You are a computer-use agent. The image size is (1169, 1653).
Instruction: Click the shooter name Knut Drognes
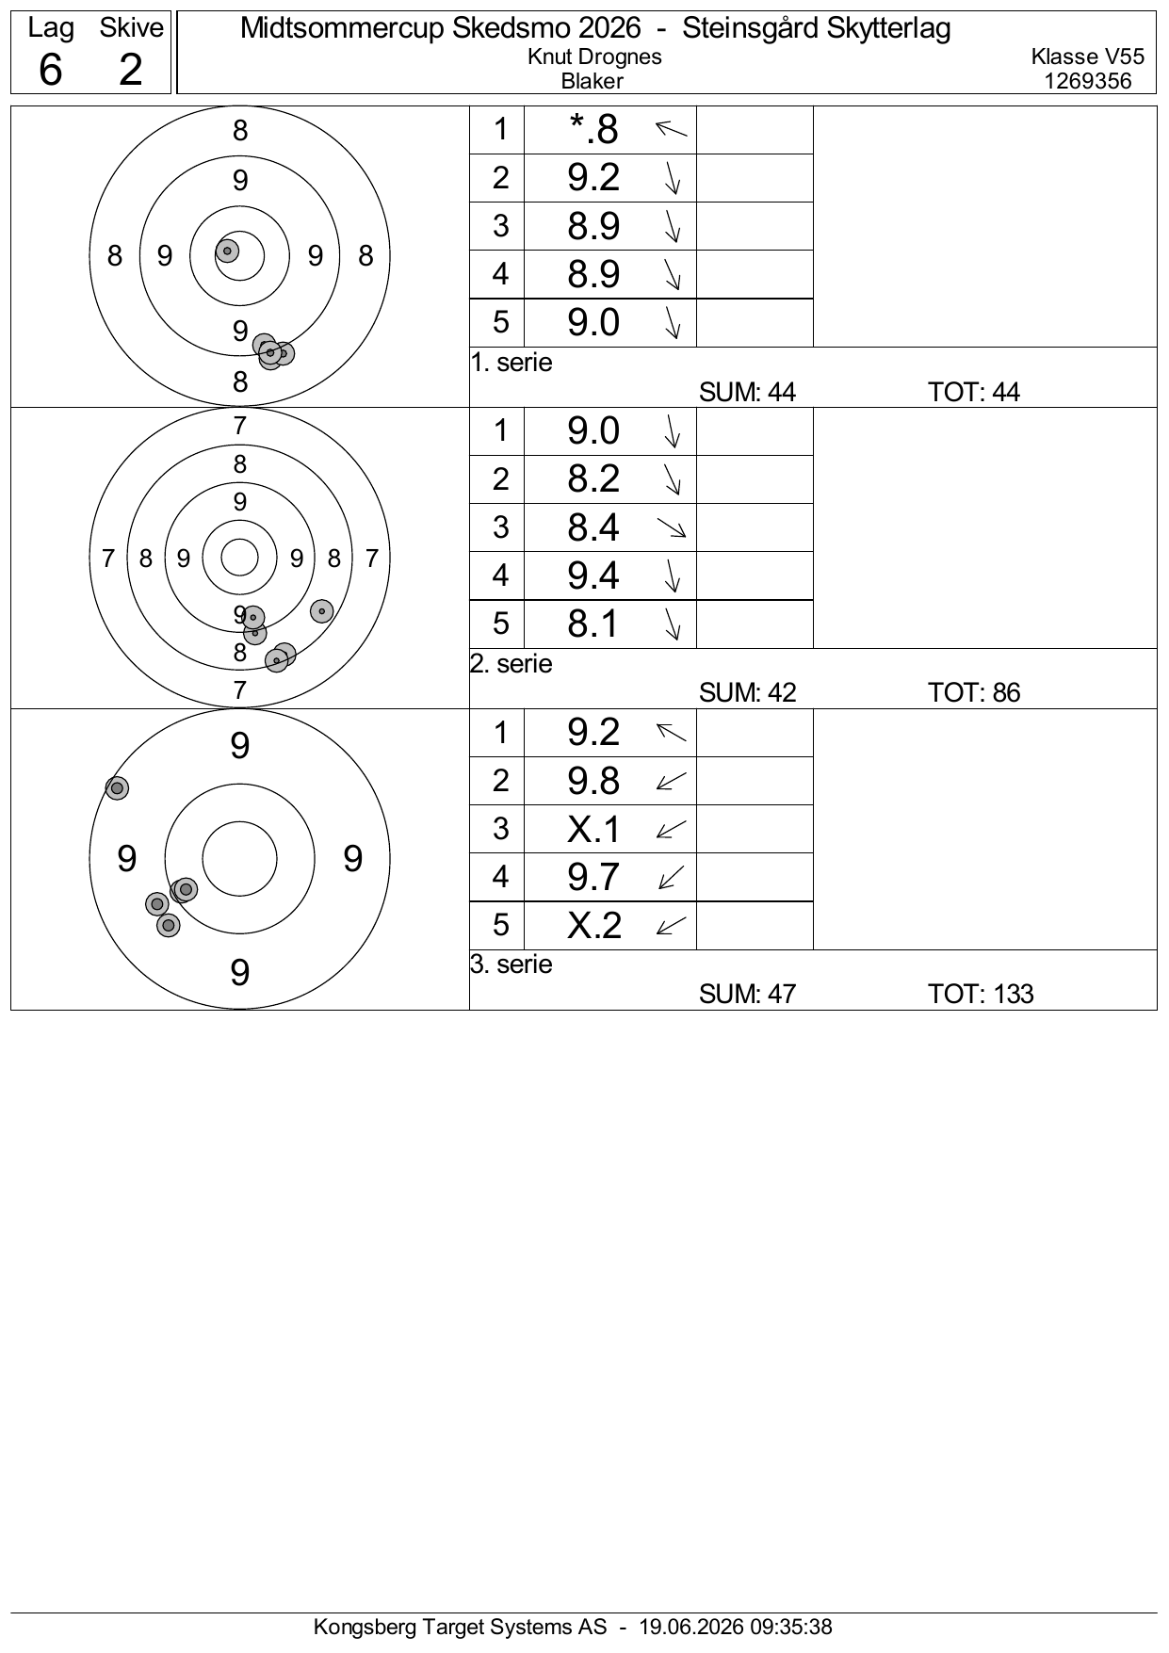coord(594,57)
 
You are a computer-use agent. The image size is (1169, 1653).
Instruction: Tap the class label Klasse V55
coord(1088,57)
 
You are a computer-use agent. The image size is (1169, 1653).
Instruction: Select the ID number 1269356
coord(1088,81)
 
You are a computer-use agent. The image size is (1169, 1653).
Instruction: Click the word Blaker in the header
coord(592,81)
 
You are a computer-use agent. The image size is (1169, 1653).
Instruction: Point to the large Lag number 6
coord(50,70)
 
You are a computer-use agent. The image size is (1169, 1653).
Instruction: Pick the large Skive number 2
coord(131,70)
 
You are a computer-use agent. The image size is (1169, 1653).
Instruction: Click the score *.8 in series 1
coord(593,130)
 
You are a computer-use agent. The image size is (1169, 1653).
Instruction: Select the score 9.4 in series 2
coord(593,575)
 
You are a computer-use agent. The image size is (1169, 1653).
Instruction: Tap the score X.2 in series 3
coord(594,925)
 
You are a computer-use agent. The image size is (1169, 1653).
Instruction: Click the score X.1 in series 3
coord(594,829)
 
